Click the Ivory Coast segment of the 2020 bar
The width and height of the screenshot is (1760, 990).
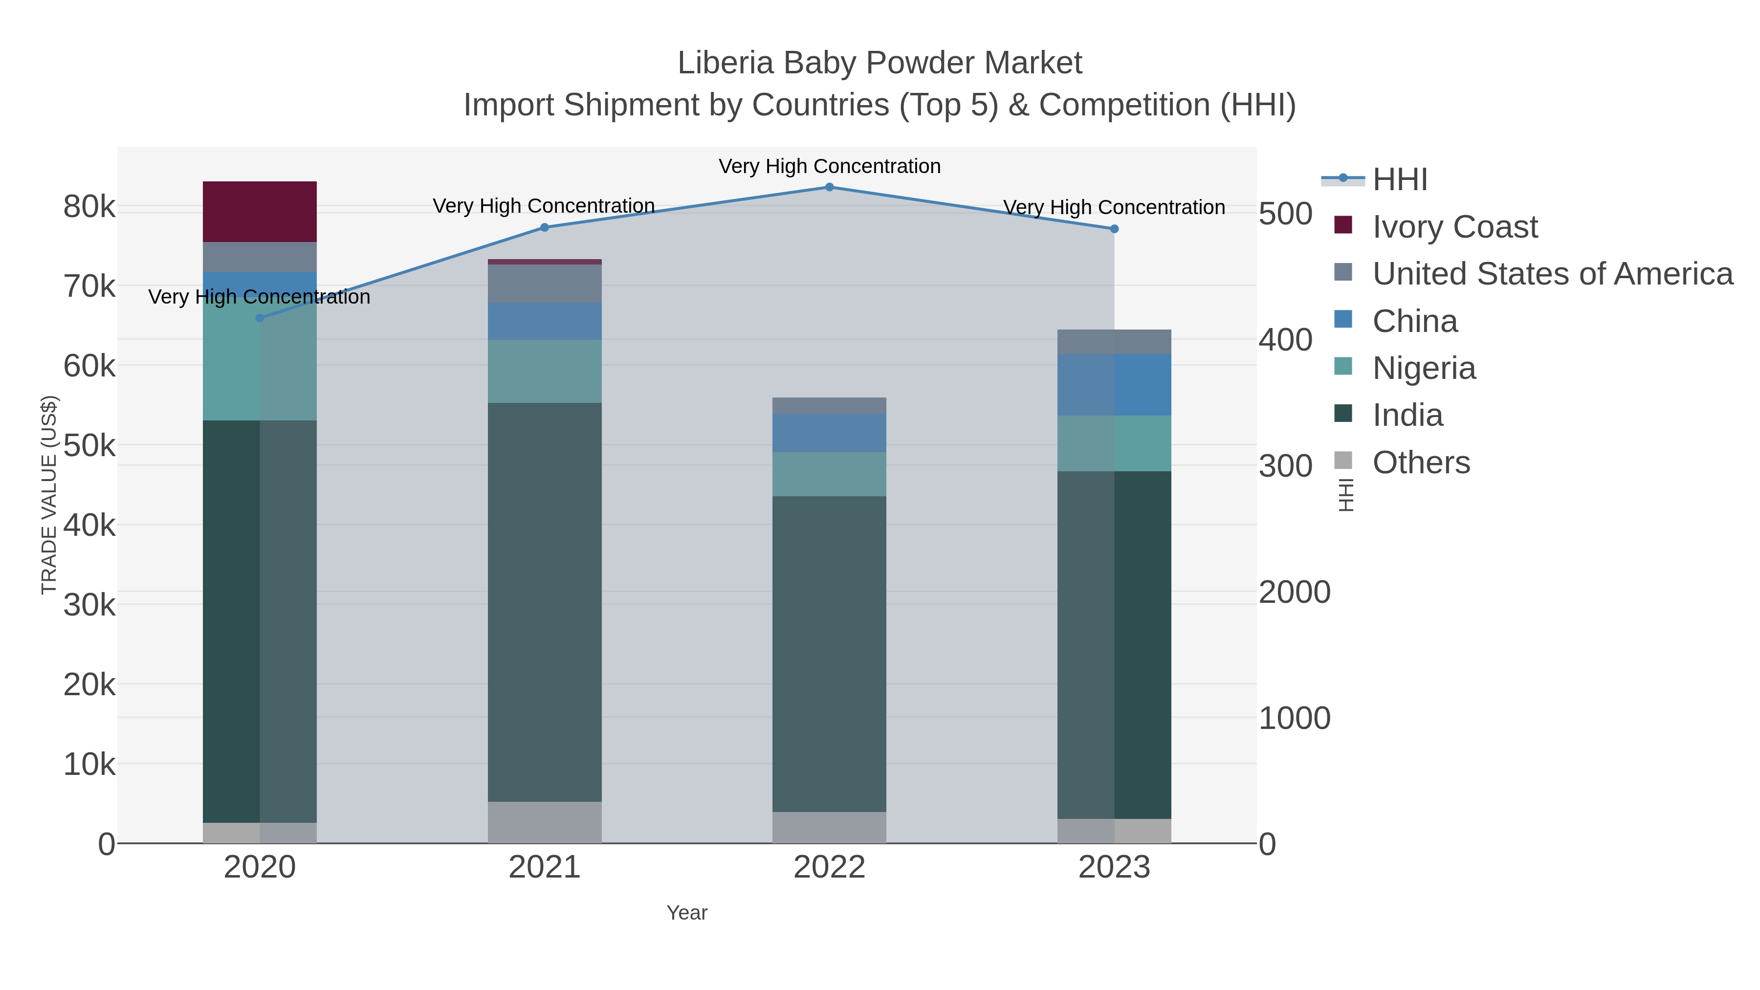click(x=260, y=211)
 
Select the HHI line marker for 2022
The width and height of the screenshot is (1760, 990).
click(x=830, y=187)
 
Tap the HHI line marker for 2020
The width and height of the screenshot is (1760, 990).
click(x=260, y=318)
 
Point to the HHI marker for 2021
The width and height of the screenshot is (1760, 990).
click(x=545, y=227)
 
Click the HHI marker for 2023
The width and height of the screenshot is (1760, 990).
click(x=1114, y=229)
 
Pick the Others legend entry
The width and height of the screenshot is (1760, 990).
click(x=1421, y=462)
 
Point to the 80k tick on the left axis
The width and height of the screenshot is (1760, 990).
click(x=89, y=206)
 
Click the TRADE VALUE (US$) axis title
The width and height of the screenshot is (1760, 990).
click(x=49, y=495)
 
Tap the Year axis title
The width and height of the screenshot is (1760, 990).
click(x=687, y=913)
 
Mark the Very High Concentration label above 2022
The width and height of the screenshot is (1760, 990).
click(x=830, y=166)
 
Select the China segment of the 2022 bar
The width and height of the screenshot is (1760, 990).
click(x=830, y=433)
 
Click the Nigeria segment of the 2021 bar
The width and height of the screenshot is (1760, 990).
click(x=545, y=371)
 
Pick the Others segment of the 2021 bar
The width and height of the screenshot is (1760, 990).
click(x=545, y=822)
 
